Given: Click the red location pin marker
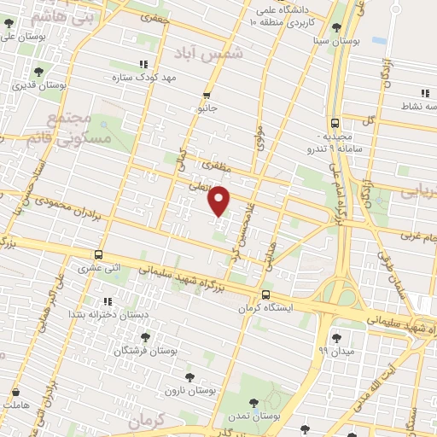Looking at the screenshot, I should tap(219, 201).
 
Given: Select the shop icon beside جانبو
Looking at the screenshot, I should tap(207, 96).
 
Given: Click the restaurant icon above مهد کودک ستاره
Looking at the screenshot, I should tap(143, 64).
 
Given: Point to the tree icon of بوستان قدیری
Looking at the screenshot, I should tap(38, 72).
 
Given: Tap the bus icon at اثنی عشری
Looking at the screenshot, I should tap(99, 254).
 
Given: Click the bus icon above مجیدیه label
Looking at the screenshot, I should tap(335, 122).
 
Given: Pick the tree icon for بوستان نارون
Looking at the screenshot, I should tap(189, 376).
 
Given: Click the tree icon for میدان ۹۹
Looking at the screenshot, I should tap(335, 337).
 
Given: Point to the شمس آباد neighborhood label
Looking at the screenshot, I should tap(209, 52).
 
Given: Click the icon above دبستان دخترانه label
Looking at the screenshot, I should tap(108, 301).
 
